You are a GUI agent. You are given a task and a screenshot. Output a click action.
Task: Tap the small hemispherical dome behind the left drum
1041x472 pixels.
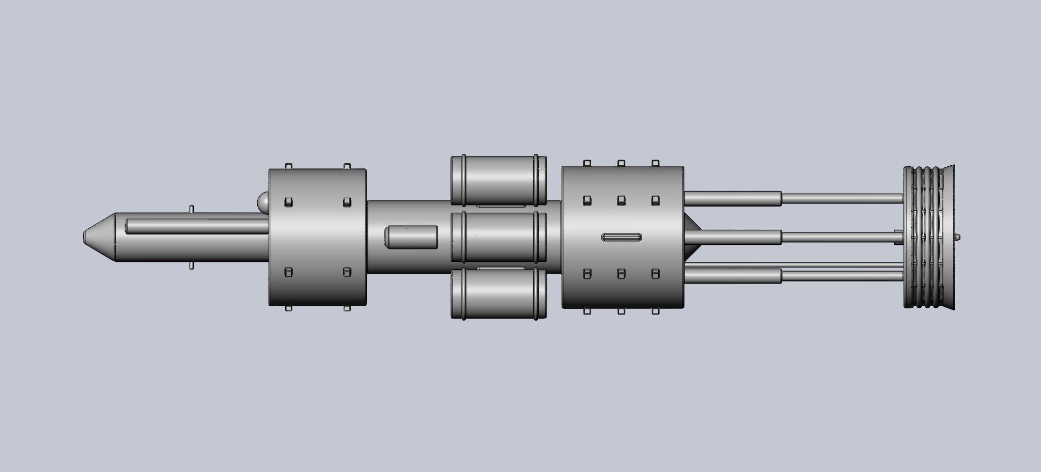point(263,202)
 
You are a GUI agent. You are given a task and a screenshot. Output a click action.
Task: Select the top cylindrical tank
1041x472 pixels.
point(499,180)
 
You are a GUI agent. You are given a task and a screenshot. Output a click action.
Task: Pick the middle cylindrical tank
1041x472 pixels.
point(499,237)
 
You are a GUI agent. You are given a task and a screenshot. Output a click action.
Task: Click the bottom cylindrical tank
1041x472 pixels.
point(499,293)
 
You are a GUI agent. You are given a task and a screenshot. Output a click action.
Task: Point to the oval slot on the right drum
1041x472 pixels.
point(622,237)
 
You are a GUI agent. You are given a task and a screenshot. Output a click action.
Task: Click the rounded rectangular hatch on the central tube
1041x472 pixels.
point(411,237)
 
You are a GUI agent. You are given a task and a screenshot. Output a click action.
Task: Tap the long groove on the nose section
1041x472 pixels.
point(196,226)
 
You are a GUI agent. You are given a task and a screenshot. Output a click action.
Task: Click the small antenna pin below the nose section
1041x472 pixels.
point(191,266)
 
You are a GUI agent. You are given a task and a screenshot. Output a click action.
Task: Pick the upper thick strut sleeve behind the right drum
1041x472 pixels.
point(733,198)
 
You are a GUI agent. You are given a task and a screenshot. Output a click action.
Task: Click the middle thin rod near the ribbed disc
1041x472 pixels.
point(842,237)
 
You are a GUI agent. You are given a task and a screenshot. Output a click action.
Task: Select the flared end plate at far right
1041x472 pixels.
point(949,237)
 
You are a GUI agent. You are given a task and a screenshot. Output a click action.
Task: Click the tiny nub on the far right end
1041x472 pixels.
point(958,237)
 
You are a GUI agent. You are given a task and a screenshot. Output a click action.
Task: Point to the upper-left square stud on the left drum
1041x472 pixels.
point(288,201)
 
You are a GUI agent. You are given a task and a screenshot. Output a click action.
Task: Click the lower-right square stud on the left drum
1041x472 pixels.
point(347,272)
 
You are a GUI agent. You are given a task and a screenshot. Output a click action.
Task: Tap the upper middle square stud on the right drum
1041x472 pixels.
point(622,200)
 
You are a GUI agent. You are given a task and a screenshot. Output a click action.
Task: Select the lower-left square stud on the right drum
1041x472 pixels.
point(587,274)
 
